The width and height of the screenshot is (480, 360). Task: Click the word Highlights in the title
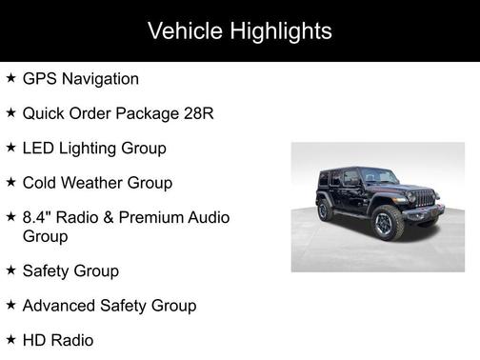(x=282, y=31)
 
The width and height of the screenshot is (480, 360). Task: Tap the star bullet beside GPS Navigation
(x=10, y=78)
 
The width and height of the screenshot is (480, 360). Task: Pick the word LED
(x=38, y=148)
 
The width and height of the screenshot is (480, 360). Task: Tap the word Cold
(x=40, y=182)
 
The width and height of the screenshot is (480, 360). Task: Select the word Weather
(x=93, y=182)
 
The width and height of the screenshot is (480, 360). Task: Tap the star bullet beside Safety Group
(x=10, y=270)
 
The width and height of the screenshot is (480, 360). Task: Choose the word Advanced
(x=62, y=306)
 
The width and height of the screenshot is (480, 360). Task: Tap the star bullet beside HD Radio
(x=10, y=339)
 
